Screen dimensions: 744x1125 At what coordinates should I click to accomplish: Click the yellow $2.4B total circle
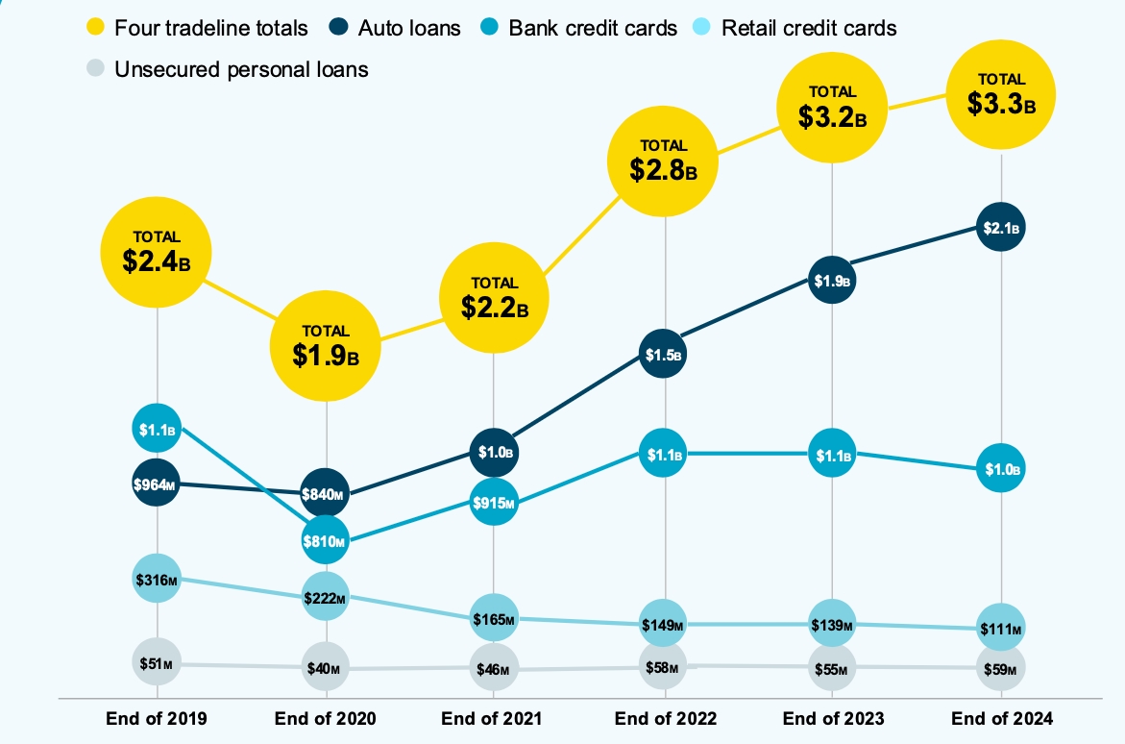(157, 253)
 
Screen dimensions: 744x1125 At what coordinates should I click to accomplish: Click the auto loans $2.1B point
(1001, 228)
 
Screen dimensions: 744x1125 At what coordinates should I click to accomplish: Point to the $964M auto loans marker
(157, 484)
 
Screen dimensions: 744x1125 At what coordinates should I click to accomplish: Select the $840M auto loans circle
(327, 495)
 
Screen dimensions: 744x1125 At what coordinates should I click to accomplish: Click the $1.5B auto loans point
(664, 355)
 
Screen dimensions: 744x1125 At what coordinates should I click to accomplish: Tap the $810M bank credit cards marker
(327, 541)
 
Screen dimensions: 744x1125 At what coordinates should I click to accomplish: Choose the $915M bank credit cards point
(495, 503)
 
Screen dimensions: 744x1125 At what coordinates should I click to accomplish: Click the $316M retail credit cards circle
(157, 579)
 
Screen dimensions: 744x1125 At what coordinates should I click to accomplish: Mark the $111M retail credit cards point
(1001, 629)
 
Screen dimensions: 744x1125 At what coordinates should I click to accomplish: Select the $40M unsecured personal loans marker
(327, 668)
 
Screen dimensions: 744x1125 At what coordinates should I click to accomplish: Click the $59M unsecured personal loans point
(1001, 668)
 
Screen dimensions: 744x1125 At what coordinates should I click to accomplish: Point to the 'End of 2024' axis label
(1002, 718)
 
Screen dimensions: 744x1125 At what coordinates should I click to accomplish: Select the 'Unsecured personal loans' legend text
(241, 69)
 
